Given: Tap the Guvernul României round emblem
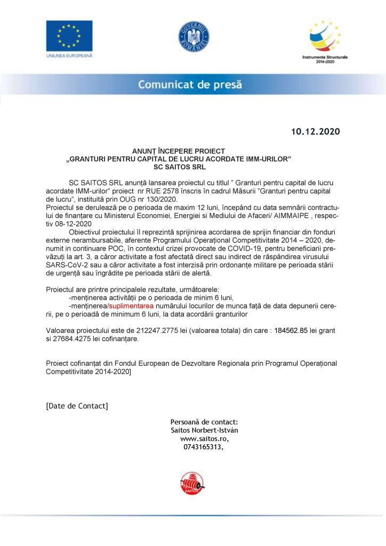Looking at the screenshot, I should point(194,37).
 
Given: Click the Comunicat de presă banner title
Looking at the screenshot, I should point(190,84).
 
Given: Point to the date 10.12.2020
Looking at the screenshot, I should point(315,131).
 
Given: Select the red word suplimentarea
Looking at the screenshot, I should point(131,306).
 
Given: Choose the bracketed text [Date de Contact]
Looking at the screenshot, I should point(77,406).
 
